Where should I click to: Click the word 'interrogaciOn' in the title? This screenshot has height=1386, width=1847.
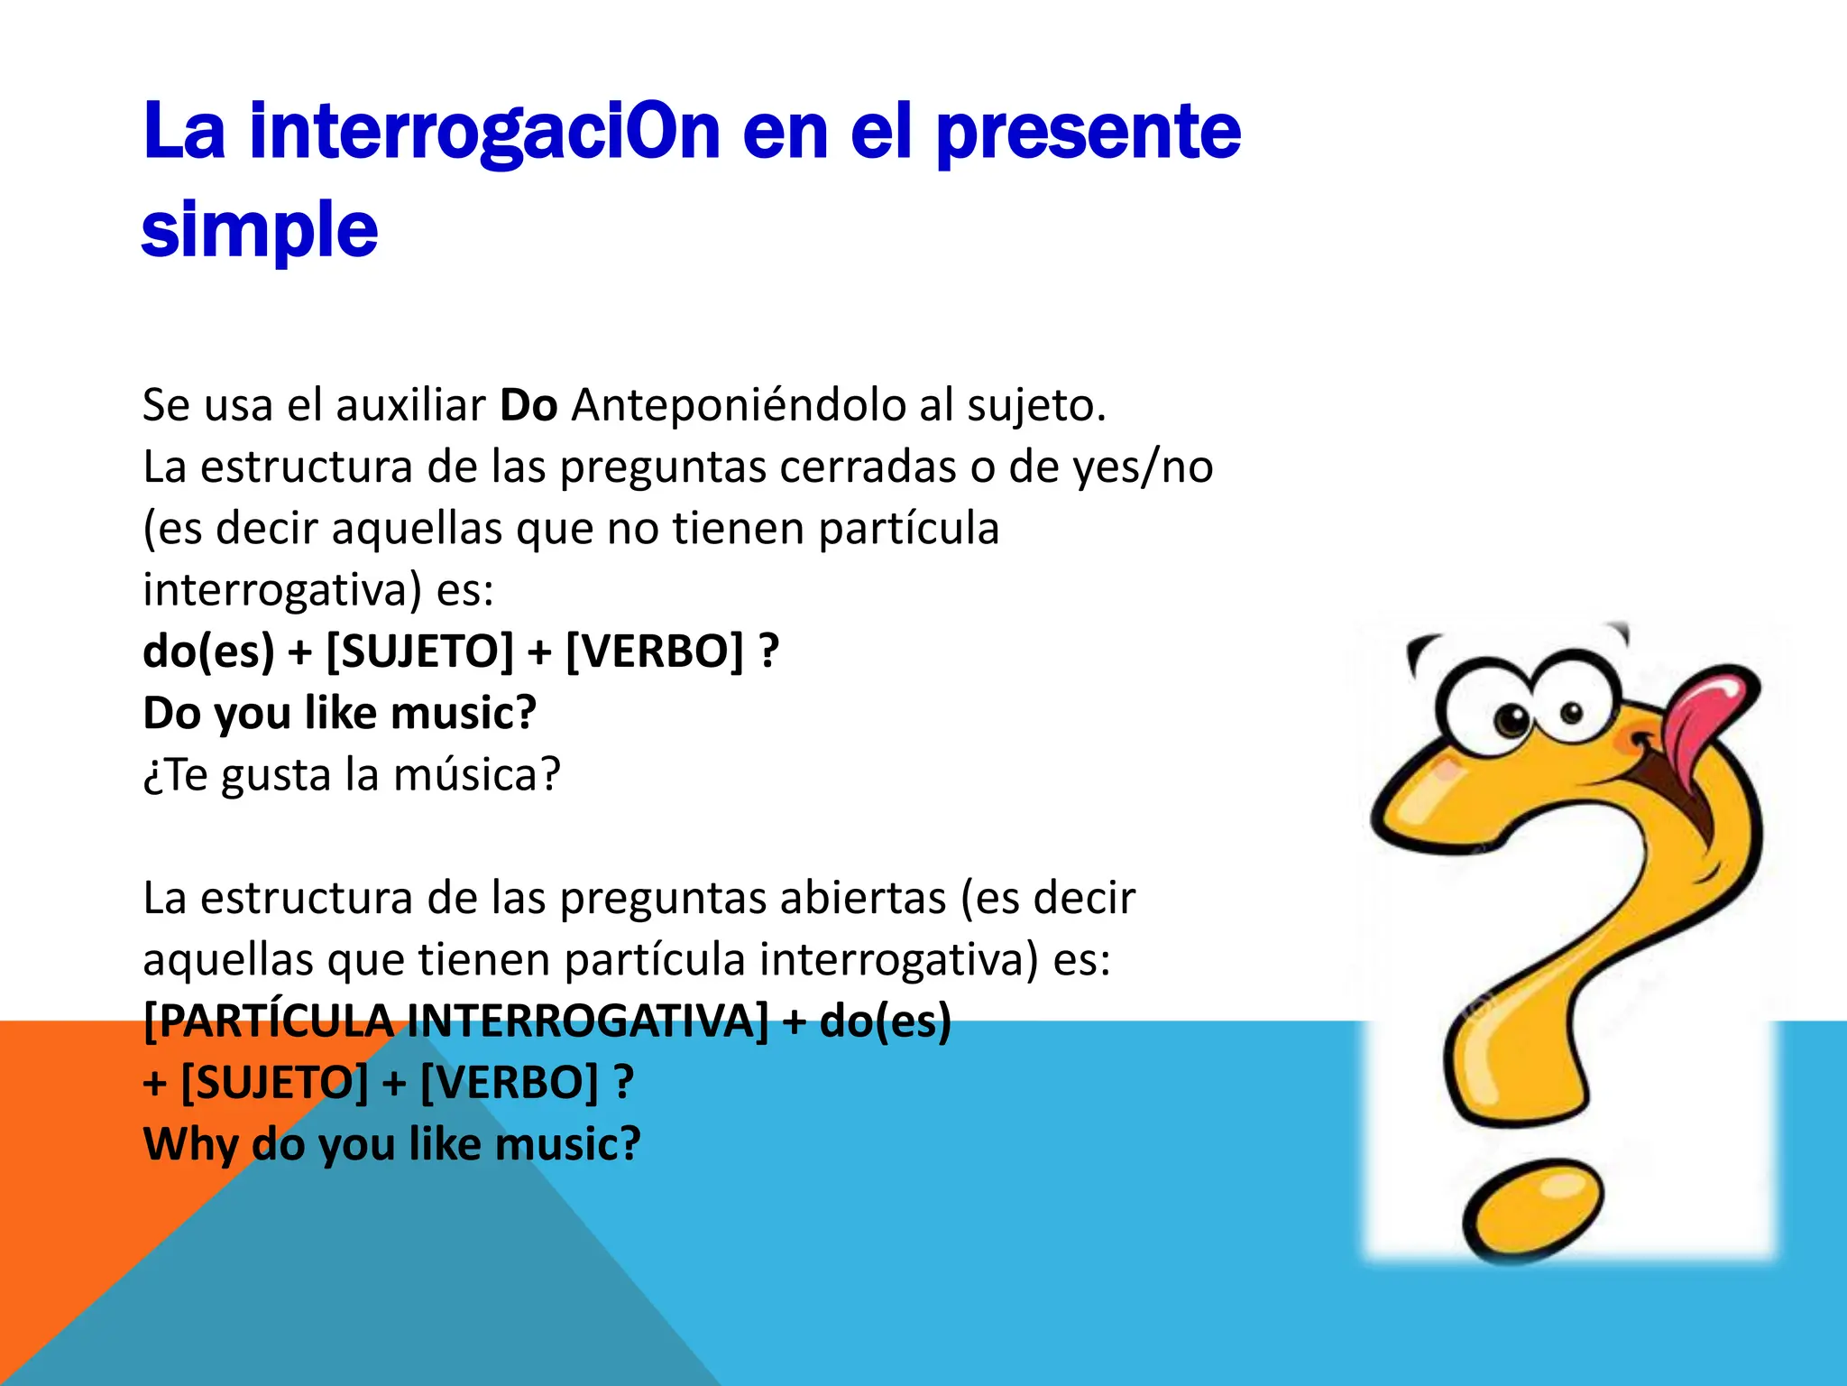pos(484,132)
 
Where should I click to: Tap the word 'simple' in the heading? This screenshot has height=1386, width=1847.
pos(260,229)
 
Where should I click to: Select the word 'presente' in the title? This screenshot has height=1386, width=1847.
pos(1088,132)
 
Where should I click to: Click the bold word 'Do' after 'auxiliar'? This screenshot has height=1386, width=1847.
pos(528,405)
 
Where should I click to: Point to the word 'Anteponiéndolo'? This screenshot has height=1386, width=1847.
pos(739,405)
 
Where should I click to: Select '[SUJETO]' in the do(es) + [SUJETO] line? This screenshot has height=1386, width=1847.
pos(419,651)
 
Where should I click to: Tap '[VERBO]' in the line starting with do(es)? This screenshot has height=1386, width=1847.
pos(655,651)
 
